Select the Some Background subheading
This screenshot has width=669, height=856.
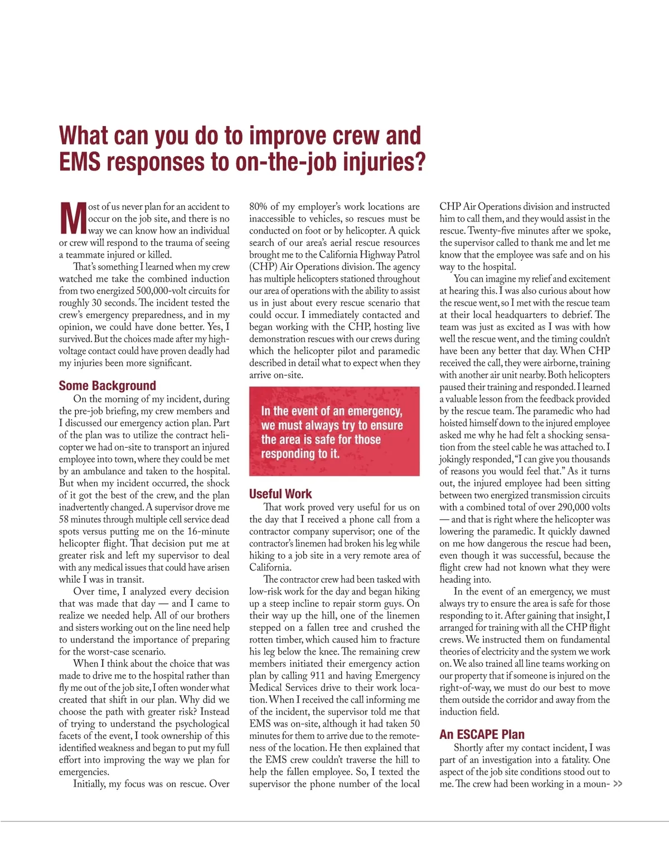coord(107,385)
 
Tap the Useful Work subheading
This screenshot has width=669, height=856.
coord(280,494)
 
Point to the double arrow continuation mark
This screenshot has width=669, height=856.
coord(617,784)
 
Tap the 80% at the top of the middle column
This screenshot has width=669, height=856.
coord(258,206)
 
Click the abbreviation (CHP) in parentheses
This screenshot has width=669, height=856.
coord(263,267)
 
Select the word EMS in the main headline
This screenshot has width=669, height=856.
coord(80,162)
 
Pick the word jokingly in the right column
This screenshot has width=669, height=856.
coord(456,459)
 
